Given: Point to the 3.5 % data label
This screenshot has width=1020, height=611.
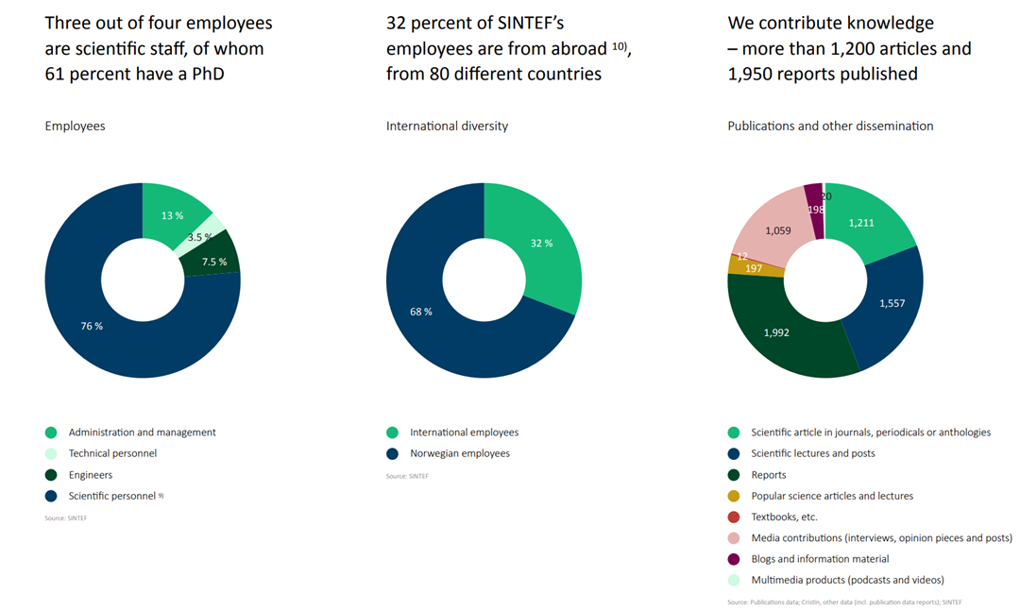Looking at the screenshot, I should coord(200,238).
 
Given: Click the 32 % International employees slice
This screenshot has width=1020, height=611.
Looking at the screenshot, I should coord(540,243).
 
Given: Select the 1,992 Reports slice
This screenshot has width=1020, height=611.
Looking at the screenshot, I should coord(776,332).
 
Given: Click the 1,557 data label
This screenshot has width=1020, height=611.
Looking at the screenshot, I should coord(892,303).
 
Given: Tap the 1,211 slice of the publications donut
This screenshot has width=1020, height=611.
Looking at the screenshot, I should coord(861,223).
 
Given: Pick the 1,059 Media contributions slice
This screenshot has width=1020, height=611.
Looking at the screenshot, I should coord(778,229).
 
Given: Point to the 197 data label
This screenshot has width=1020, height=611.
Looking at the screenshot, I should coord(754,269).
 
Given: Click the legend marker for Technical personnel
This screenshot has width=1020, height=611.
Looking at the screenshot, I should coord(51,453).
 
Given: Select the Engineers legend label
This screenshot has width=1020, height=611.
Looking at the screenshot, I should coord(91,475).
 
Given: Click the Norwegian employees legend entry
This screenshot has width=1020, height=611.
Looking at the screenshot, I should coord(459,453).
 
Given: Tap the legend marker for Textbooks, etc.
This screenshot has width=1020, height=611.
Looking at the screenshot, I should coord(734,517).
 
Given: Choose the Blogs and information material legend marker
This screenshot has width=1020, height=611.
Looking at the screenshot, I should coord(734,559).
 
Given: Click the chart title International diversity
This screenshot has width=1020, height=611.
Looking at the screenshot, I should coord(447,126).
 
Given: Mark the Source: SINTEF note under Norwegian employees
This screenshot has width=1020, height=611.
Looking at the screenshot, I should coord(407,476).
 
